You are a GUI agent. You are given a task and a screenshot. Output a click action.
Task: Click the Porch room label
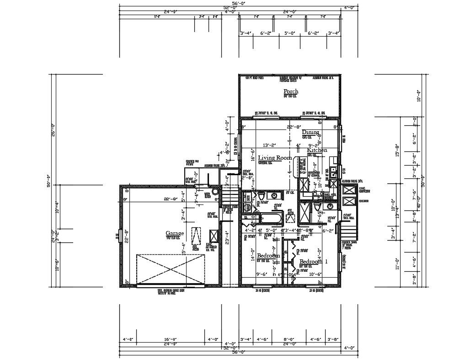[291, 91]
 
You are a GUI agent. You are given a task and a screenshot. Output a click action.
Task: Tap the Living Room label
[275, 158]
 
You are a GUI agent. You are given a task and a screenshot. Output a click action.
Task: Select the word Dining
[310, 132]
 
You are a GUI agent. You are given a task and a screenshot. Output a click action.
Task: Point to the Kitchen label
[317, 150]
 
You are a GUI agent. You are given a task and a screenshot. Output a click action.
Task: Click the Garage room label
[175, 233]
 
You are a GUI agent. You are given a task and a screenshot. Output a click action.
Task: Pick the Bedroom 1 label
[313, 262]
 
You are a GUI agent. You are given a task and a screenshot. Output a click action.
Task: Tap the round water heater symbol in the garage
[215, 193]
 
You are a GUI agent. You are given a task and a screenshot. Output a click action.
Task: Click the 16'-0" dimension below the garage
[171, 339]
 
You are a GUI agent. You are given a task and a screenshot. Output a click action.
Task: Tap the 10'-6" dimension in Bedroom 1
[315, 274]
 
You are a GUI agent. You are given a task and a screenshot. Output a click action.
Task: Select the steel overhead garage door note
[171, 291]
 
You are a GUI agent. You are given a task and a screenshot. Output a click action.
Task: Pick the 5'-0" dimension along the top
[290, 33]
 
